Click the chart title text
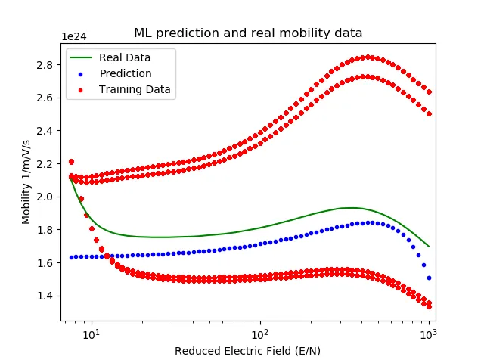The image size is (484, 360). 247,33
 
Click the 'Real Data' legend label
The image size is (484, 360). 125,58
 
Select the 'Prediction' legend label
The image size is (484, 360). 125,74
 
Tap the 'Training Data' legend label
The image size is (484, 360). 135,89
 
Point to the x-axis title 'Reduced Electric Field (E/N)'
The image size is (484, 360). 247,351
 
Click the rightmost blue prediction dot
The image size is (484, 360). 429,278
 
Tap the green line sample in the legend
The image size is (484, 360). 82,58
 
